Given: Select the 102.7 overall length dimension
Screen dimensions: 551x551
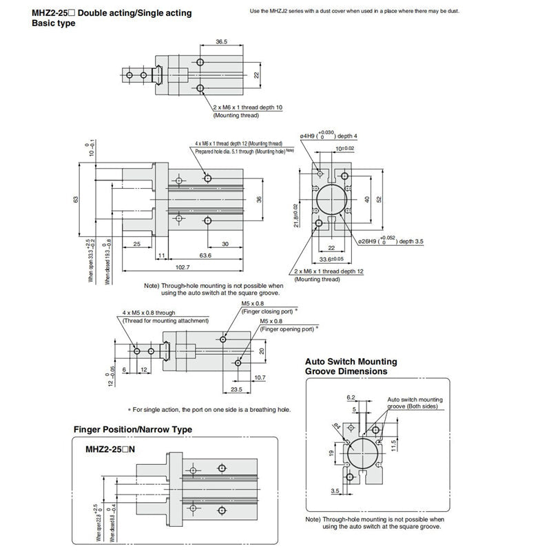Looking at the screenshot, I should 183,267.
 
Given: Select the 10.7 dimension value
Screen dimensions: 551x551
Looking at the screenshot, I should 259,377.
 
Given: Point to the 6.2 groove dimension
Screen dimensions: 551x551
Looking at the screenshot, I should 352,397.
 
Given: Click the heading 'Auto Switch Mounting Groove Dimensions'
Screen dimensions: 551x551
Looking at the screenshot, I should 351,366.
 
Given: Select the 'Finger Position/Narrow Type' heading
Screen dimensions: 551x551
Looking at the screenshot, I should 132,430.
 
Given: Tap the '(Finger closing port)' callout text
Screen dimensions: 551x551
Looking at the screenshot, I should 269,312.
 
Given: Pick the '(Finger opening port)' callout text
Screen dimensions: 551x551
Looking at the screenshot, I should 287,330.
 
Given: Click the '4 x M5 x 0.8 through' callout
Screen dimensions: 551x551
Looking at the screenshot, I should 157,313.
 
